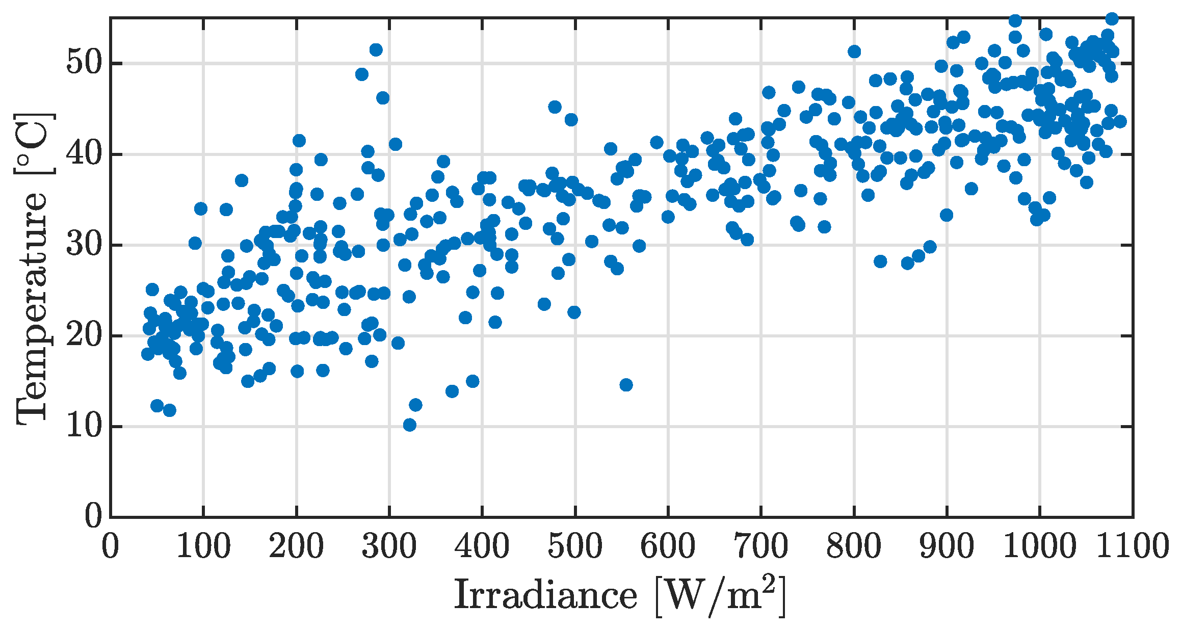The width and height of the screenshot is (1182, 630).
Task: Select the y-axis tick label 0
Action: point(94,517)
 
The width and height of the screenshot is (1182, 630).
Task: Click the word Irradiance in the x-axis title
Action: point(545,595)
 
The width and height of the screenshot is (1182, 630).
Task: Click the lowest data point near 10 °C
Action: point(409,425)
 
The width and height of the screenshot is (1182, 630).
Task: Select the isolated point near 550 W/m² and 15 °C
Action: point(626,385)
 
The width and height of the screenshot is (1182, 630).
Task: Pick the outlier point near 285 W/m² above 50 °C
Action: point(376,49)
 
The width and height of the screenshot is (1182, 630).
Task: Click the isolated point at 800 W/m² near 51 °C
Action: point(854,51)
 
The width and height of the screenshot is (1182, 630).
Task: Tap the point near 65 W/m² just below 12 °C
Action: point(170,410)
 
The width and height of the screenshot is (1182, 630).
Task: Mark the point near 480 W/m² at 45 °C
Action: point(555,107)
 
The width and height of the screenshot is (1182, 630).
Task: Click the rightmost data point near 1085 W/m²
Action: point(1120,121)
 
